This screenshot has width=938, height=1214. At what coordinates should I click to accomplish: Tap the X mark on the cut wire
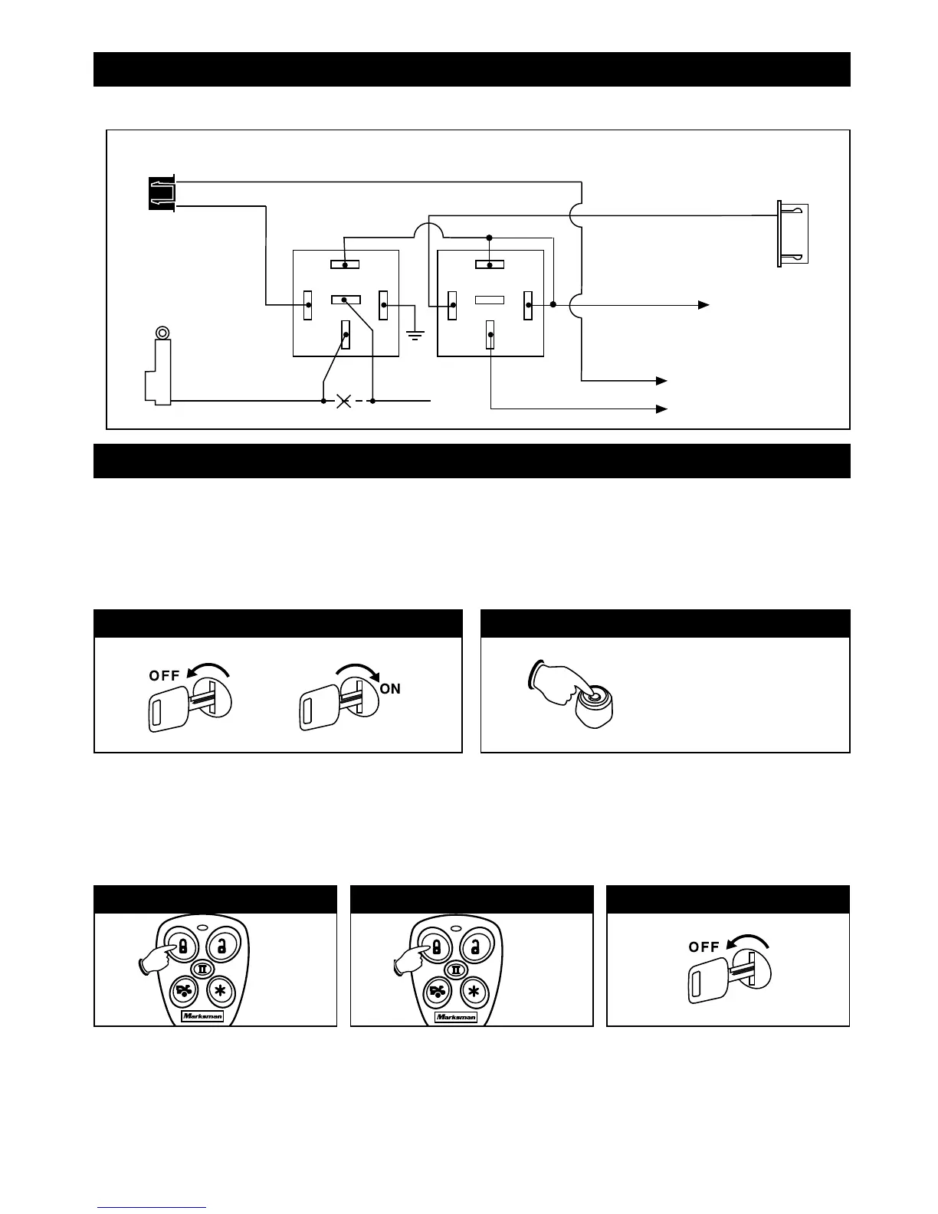(344, 401)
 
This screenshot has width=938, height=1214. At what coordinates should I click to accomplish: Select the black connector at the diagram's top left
(161, 193)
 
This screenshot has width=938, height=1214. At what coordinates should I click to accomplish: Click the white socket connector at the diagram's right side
(792, 235)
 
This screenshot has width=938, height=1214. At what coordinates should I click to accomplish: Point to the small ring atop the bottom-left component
(162, 333)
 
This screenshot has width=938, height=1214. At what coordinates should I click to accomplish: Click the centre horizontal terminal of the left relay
(346, 300)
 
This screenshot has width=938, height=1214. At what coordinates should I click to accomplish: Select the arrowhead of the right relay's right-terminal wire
(702, 305)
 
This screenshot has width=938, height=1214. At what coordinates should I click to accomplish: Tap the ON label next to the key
(390, 688)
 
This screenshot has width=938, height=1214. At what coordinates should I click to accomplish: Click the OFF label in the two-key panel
(165, 675)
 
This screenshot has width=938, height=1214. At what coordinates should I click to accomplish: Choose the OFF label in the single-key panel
(703, 947)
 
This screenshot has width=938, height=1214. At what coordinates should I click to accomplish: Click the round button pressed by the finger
(591, 697)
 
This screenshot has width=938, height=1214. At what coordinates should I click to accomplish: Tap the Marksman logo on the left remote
(203, 1016)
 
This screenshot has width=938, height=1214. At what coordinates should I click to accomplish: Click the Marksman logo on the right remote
(456, 1016)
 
